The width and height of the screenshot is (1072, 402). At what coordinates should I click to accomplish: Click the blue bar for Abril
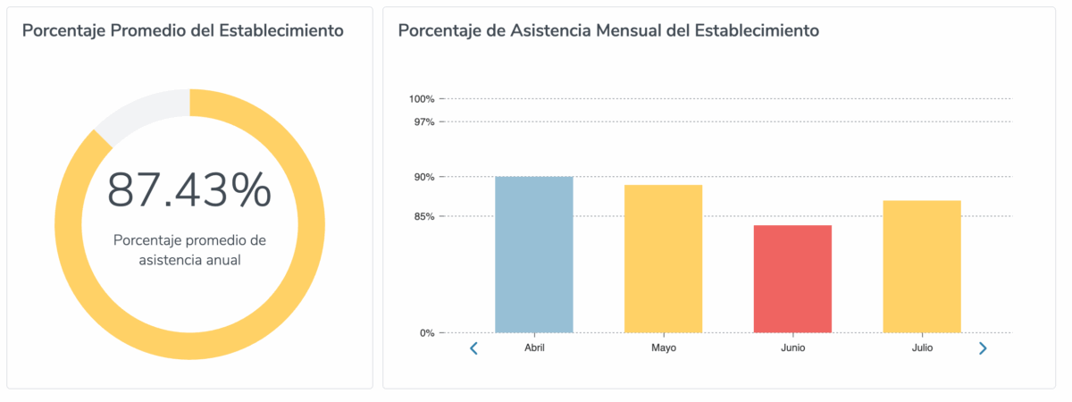coord(533,255)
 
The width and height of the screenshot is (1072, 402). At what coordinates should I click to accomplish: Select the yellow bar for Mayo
coord(663,259)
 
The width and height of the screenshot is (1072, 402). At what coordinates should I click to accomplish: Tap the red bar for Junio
coord(792,279)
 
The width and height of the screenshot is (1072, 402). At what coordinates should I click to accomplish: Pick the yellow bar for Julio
coord(921,266)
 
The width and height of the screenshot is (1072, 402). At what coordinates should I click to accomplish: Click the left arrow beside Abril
coord(474,348)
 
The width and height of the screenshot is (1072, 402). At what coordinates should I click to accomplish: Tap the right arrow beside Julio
coord(983,348)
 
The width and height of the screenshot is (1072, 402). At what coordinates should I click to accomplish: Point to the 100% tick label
coord(422,98)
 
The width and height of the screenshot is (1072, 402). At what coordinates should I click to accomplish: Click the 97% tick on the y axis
coord(423,121)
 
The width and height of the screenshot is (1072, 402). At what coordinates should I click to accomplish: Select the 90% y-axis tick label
coord(423,177)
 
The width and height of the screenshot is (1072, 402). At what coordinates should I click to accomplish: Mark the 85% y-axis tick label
coord(423,216)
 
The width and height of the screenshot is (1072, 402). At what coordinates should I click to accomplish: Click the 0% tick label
coord(426,333)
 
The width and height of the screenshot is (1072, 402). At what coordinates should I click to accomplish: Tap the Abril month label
coord(534,348)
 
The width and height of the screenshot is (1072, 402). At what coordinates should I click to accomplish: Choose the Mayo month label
coord(664,348)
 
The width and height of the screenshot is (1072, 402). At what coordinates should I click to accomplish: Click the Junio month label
coord(792,348)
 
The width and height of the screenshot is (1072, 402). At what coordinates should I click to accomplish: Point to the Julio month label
coord(922,348)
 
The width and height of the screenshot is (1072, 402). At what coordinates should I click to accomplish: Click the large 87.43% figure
coord(189,190)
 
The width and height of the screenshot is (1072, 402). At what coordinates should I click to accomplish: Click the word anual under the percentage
coord(222,260)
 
